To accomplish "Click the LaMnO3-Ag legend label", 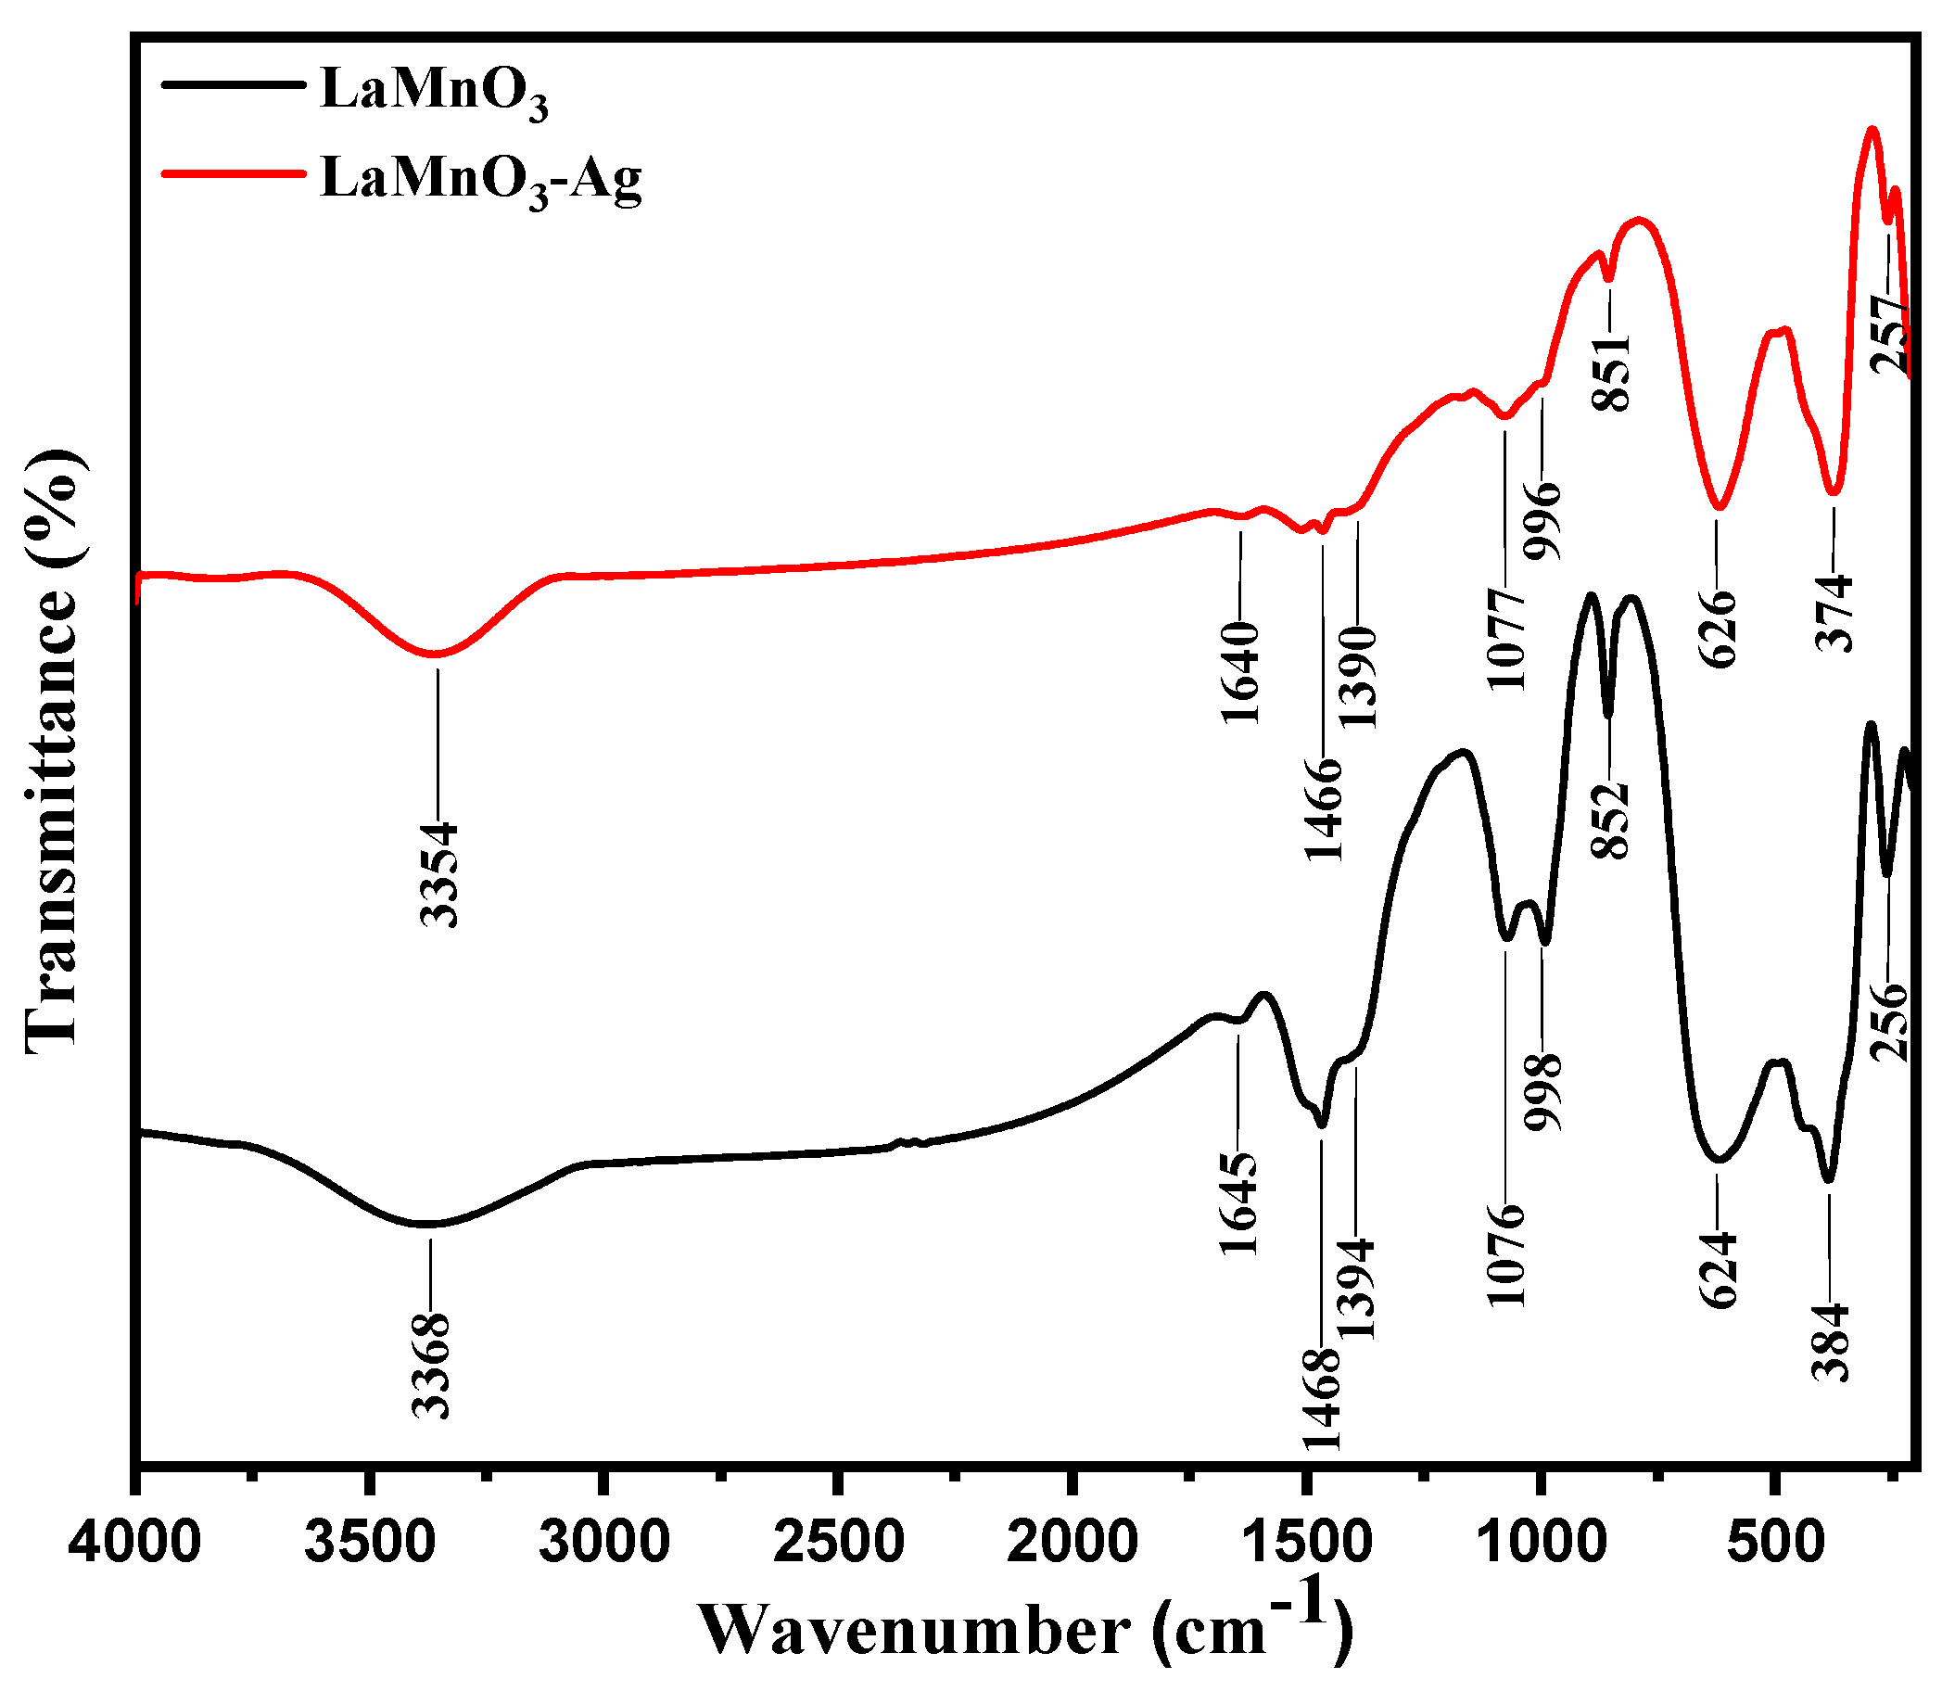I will [x=481, y=179].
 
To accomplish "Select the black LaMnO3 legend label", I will [x=434, y=93].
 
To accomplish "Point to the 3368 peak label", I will [x=432, y=1366].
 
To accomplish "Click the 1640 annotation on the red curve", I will [x=1240, y=672].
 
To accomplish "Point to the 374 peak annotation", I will [x=1834, y=613].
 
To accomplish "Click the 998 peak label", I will [x=1543, y=1092].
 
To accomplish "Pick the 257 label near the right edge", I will [x=1890, y=334].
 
